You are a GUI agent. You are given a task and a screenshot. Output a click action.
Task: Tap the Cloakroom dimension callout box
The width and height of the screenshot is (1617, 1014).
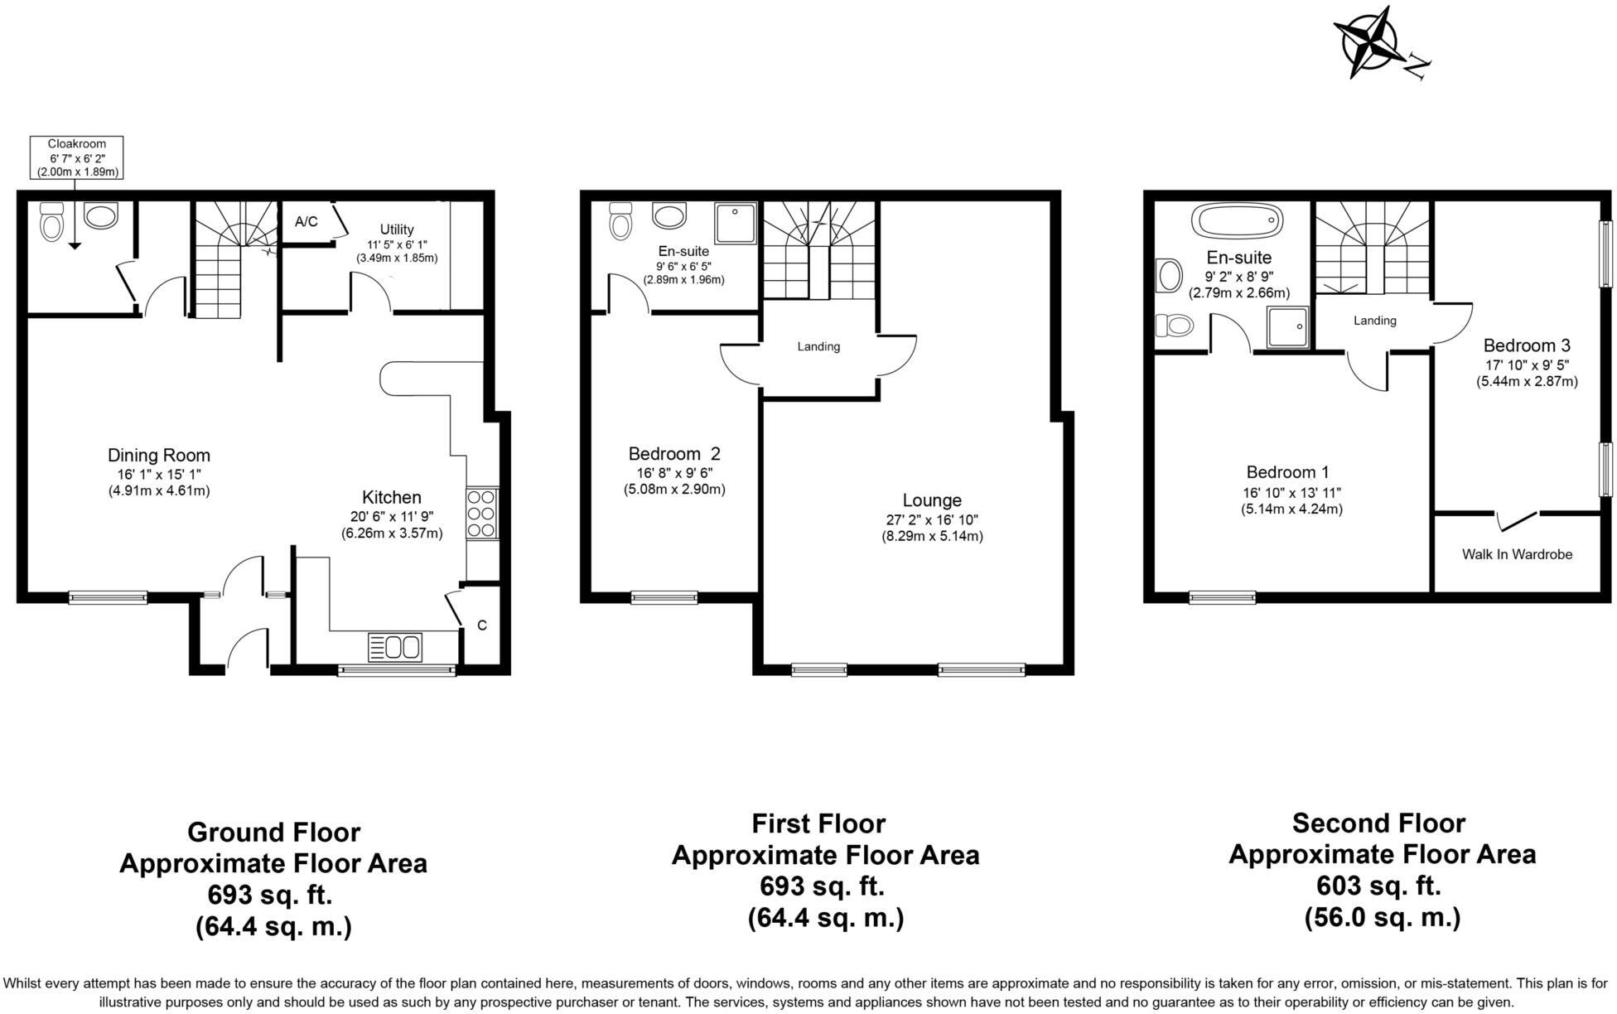[76, 157]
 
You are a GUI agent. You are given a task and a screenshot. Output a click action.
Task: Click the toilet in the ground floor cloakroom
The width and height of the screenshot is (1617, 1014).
[51, 221]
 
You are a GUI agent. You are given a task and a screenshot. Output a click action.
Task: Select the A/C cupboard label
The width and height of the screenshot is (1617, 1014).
[306, 221]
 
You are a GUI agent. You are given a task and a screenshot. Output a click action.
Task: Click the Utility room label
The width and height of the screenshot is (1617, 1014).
[397, 229]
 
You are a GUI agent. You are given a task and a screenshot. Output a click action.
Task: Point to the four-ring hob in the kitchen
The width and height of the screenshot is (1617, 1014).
[482, 514]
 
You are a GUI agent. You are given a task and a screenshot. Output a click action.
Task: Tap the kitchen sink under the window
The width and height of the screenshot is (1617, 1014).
[395, 646]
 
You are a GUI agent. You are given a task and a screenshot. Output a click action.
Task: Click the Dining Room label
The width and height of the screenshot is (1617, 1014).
[158, 455]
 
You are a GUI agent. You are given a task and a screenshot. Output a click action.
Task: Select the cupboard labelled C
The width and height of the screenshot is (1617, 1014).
[482, 626]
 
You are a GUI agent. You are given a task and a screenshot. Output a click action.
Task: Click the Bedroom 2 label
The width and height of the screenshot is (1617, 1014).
[673, 454]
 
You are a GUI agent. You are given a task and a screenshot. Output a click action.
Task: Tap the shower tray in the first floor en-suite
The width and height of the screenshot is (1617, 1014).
[736, 223]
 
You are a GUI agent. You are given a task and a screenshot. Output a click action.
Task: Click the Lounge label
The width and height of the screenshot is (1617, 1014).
[931, 500]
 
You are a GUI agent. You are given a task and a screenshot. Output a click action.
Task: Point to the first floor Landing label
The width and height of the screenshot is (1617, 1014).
[818, 346]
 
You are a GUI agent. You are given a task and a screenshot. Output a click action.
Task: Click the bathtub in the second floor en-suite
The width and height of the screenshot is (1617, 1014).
[1236, 221]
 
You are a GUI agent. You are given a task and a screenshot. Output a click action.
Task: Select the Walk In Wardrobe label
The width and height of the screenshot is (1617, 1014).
[1516, 554]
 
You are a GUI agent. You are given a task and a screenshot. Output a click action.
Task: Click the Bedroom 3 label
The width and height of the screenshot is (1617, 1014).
[1526, 345]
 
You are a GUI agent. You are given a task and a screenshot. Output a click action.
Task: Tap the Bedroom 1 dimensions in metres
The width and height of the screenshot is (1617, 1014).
[1291, 509]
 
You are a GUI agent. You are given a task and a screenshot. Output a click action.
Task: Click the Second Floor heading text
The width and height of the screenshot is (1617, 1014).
[1378, 823]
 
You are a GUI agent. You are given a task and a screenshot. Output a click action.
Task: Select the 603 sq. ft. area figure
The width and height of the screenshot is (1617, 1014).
[1378, 886]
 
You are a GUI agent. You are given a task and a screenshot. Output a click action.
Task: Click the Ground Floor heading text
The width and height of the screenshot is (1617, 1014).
[273, 832]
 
